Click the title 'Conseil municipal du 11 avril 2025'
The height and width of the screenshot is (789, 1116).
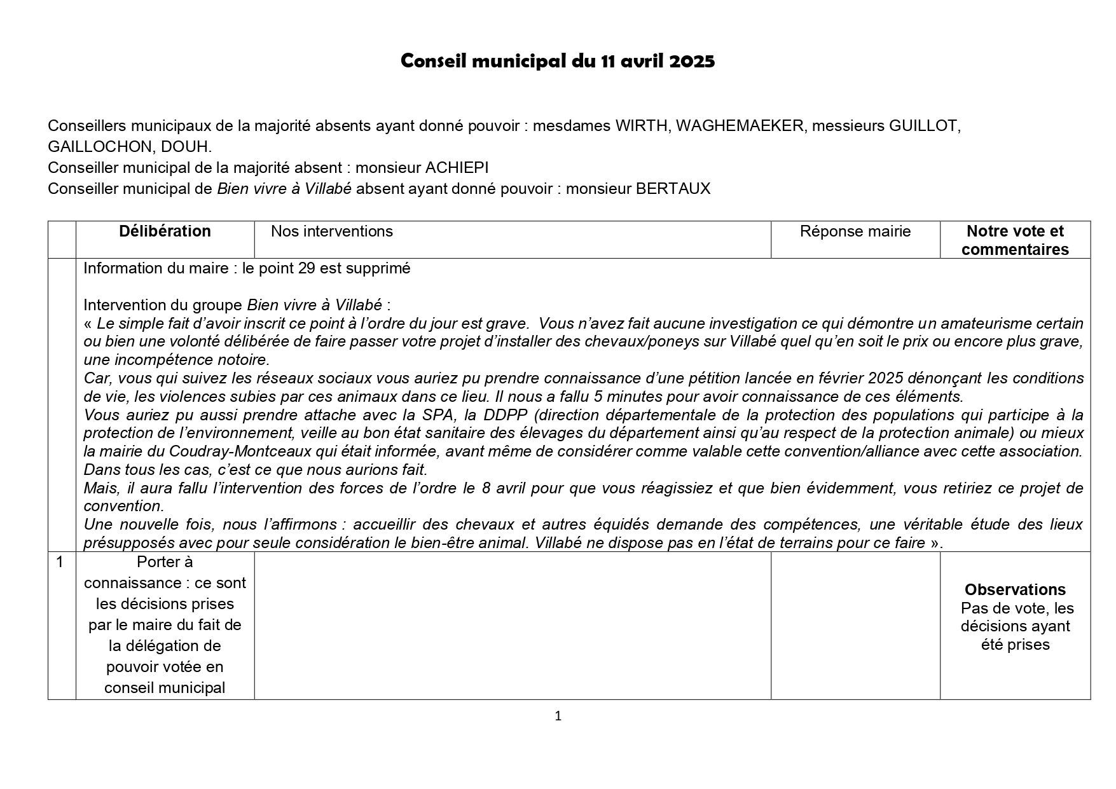[x=558, y=61]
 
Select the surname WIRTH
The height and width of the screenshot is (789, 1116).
[x=641, y=126]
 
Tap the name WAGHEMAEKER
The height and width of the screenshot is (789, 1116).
[x=740, y=126]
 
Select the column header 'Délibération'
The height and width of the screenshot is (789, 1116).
[x=165, y=231]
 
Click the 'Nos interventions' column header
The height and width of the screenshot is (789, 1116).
[x=331, y=231]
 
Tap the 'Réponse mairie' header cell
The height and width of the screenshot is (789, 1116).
[x=855, y=231]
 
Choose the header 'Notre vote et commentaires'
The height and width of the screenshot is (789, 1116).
[x=1015, y=240]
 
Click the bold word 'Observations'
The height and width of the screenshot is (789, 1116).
[x=1015, y=589]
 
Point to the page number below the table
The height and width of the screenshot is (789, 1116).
[x=558, y=717]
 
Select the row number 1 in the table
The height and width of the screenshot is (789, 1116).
[x=60, y=562]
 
